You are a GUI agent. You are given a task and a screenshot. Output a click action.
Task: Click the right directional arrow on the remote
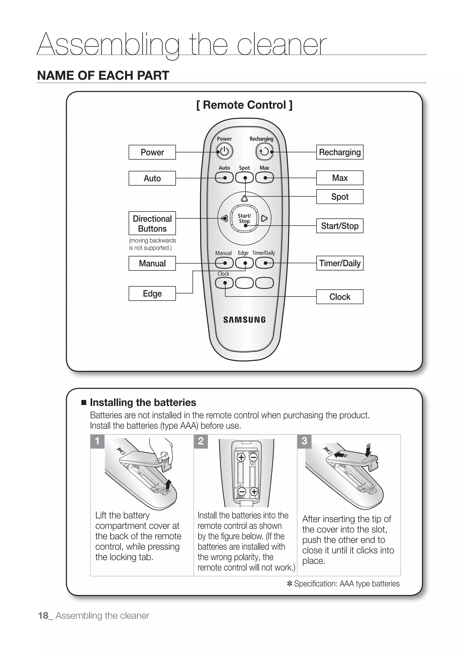tap(264, 219)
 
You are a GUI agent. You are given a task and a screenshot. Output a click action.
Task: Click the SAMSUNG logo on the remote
tap(244, 320)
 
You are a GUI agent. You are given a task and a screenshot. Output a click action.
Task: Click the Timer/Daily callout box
tap(340, 263)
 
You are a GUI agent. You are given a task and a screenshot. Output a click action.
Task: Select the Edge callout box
tap(152, 293)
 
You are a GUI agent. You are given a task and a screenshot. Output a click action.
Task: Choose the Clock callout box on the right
tap(340, 297)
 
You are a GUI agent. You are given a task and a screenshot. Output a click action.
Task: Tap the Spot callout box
tap(340, 197)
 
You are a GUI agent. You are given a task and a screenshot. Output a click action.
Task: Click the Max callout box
tap(340, 178)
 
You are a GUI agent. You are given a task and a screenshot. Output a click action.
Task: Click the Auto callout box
tap(152, 178)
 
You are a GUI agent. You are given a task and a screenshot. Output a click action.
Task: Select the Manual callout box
tap(152, 263)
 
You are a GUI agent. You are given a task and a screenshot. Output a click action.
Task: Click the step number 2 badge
tap(201, 441)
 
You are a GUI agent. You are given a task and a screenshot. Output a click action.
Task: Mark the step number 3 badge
tap(304, 441)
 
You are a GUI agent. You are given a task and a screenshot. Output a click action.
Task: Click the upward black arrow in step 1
tap(168, 485)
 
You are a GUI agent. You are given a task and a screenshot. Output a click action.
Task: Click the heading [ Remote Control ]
tap(244, 105)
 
